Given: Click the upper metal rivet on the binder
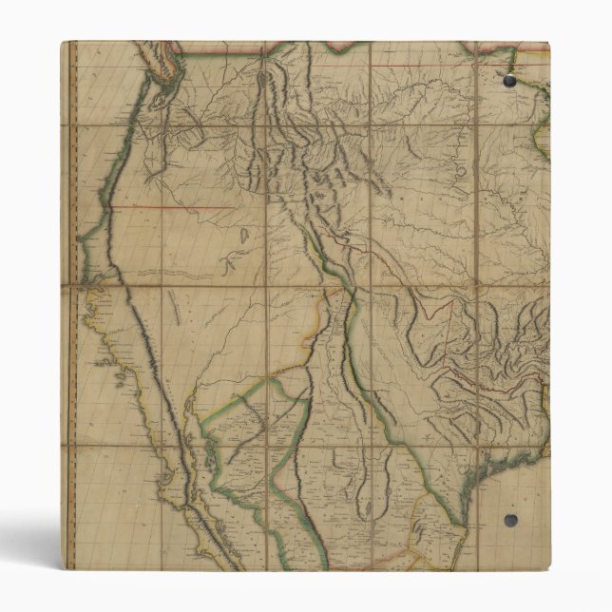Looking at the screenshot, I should [x=509, y=82].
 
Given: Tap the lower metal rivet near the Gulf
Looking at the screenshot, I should [x=510, y=520].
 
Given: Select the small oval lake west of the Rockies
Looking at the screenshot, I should [x=244, y=232].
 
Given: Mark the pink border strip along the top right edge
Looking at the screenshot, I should [x=504, y=45].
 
